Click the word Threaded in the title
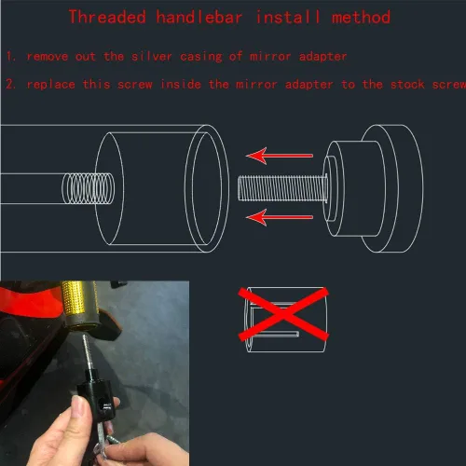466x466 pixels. [107, 17]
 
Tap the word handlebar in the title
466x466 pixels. [199, 17]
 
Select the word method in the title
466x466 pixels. [361, 17]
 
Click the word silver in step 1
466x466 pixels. [152, 56]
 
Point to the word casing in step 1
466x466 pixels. [201, 57]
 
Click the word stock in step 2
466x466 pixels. [407, 84]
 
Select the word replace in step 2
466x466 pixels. [51, 85]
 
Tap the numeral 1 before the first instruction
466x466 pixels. [10, 56]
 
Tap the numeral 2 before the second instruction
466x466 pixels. [10, 84]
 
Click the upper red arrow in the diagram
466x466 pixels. [280, 156]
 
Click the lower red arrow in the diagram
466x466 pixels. [280, 217]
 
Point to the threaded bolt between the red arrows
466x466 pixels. [282, 188]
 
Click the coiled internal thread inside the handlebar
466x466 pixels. [89, 188]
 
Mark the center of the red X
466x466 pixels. [283, 314]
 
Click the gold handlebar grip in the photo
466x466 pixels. [78, 303]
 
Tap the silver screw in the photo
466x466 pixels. [88, 352]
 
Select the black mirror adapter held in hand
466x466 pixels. [96, 394]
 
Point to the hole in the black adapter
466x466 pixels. [102, 404]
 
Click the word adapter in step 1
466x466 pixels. [322, 57]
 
